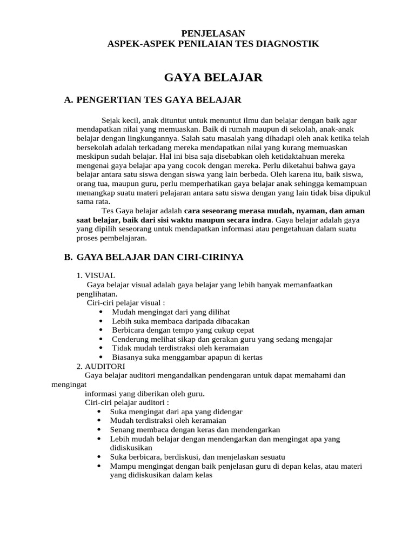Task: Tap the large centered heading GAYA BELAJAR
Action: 213,78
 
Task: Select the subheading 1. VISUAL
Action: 96,275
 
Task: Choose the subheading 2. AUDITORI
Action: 101,366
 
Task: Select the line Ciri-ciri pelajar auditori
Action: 127,402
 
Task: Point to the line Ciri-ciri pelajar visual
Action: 126,303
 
